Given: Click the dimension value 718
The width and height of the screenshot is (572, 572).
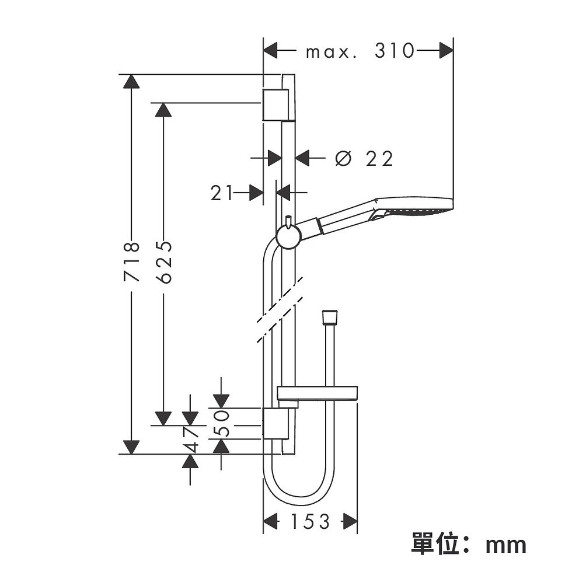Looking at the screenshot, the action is coord(132,261).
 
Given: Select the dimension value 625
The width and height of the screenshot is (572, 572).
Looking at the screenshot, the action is coord(164,261).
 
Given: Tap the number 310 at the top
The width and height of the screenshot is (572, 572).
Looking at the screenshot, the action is coord(395,51).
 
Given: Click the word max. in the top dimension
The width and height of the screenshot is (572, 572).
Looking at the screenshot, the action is coord(332,53).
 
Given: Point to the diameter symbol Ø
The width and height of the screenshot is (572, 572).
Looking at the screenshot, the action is coord(343,159).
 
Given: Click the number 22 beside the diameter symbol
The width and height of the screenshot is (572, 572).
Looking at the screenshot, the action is coord(379,159).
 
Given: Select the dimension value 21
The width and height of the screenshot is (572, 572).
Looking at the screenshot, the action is coord(221,193).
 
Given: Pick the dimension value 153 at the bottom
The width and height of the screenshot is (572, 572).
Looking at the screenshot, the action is coord(310,521).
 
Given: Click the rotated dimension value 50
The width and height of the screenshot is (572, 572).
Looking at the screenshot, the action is coord(221,424).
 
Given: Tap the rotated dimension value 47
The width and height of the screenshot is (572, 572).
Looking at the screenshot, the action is coord(190,440).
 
